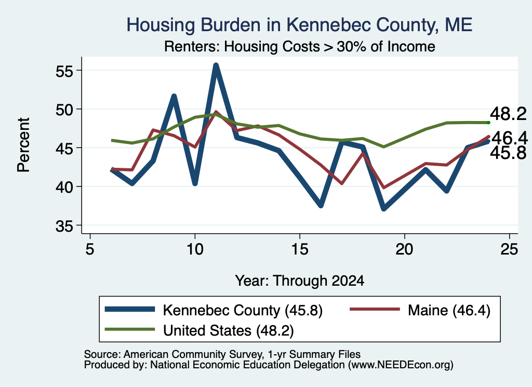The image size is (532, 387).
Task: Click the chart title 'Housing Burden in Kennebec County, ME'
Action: [x=299, y=25]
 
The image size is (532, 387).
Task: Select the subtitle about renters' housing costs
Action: [x=300, y=46]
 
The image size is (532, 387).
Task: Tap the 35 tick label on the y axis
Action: [x=64, y=226]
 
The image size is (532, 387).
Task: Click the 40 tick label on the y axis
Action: [x=64, y=187]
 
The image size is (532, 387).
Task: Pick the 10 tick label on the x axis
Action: [x=195, y=249]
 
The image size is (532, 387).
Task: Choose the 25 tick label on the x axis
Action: [x=509, y=249]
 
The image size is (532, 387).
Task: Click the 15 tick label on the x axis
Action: [x=300, y=249]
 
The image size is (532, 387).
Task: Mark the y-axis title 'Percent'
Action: [x=23, y=145]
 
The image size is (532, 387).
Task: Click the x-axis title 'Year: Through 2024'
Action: [x=300, y=281]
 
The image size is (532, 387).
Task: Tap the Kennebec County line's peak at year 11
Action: [x=216, y=65]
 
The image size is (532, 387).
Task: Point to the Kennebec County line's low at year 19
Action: [x=384, y=208]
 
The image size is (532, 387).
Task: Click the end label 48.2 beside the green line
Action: [x=508, y=114]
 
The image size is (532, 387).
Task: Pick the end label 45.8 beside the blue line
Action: [x=508, y=153]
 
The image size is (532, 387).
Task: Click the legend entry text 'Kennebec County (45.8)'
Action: [x=243, y=310]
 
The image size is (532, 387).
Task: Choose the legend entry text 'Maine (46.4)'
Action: [x=449, y=310]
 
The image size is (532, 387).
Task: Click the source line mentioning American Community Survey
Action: [x=222, y=354]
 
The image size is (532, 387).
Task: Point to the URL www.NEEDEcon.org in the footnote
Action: [x=401, y=365]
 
